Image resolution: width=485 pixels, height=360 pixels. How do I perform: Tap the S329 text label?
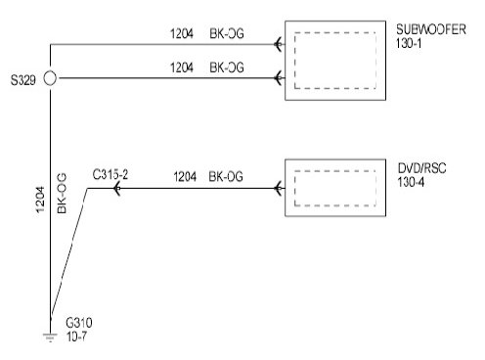[x=22, y=80]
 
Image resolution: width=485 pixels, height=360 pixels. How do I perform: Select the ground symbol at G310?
[x=50, y=337]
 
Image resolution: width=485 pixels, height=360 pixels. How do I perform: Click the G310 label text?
[x=79, y=323]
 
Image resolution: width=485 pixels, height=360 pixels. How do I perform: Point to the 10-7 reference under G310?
[x=77, y=337]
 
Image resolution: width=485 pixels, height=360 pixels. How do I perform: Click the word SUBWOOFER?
[x=431, y=29]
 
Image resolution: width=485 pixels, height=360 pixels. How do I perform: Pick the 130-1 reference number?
[x=409, y=43]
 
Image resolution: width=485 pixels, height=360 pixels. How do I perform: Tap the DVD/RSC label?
[x=421, y=168]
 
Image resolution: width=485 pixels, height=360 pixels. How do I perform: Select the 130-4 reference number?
[x=411, y=182]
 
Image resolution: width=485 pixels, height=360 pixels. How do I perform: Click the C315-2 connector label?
[x=110, y=175]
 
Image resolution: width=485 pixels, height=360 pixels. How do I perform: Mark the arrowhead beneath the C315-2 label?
[x=116, y=189]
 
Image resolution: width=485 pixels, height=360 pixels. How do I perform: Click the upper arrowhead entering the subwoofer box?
[x=278, y=44]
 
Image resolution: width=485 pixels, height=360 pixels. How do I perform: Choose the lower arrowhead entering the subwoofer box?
[x=278, y=78]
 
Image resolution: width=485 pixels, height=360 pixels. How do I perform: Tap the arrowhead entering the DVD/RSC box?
[x=278, y=188]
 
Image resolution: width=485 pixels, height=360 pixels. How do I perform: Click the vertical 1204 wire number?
[x=40, y=200]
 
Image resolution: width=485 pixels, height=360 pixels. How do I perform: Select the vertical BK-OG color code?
[x=62, y=194]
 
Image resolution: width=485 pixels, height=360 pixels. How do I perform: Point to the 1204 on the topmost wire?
[x=182, y=33]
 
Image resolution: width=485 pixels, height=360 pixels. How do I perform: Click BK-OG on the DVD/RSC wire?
[x=226, y=176]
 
